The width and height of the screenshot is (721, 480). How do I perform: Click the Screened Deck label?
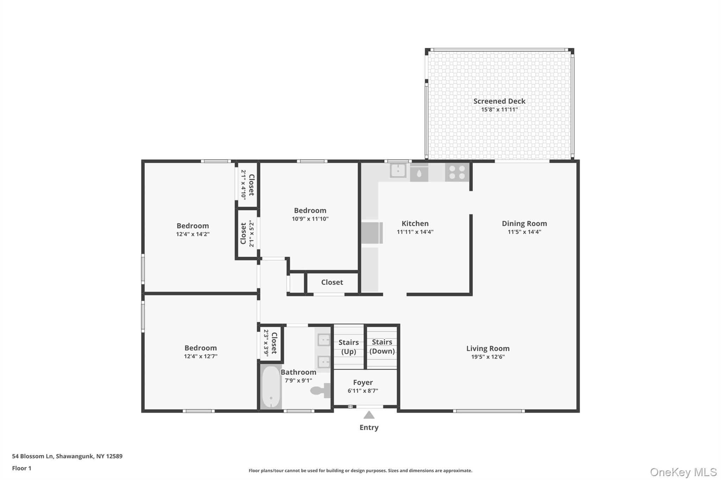(x=499, y=101)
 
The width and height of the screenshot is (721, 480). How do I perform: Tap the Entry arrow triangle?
(x=369, y=415)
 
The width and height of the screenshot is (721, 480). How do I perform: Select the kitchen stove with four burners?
(x=457, y=172)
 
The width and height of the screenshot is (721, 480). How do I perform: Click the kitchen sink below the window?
(x=398, y=171)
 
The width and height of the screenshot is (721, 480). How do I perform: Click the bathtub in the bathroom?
(x=271, y=387)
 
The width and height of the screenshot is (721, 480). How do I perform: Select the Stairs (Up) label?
(x=349, y=347)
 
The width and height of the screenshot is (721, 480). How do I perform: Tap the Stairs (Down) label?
(x=382, y=346)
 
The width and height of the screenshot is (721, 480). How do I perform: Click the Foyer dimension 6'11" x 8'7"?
(x=363, y=391)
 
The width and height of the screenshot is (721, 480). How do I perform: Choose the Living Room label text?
(x=488, y=348)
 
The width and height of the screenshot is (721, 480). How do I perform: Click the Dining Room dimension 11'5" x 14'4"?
(x=524, y=232)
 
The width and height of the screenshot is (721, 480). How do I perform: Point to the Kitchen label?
(x=415, y=224)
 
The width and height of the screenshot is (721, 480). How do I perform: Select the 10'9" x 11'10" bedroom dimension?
(x=310, y=219)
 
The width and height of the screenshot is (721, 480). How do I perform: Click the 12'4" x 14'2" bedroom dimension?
(x=193, y=234)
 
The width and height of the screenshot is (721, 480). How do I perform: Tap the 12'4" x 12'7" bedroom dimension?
(x=200, y=356)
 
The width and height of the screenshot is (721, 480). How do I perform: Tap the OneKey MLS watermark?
(x=683, y=472)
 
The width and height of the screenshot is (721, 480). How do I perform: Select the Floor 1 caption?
(x=21, y=468)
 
